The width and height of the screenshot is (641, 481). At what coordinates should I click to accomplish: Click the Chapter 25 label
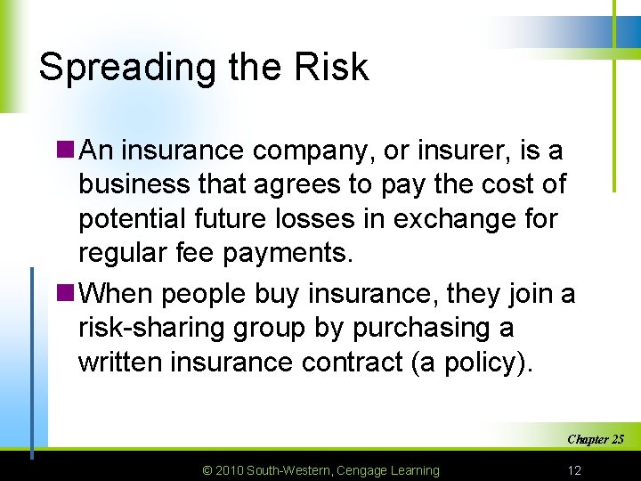[595, 439]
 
